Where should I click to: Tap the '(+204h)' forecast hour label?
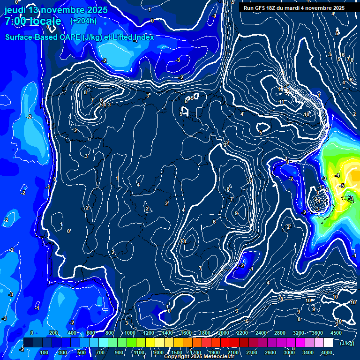click(83, 21)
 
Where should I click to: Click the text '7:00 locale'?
click(33, 22)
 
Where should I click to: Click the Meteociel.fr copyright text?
click(199, 357)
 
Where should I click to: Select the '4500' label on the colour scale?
click(336, 333)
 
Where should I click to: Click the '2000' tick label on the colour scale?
click(223, 333)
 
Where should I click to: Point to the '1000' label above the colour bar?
click(129, 333)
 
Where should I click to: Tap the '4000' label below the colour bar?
click(327, 352)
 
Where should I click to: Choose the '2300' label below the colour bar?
click(251, 352)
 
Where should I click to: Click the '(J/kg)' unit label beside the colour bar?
click(346, 343)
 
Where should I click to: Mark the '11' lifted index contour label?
click(281, 102)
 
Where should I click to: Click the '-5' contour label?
click(342, 186)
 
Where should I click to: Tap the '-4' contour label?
click(337, 175)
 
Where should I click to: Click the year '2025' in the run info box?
click(337, 8)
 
